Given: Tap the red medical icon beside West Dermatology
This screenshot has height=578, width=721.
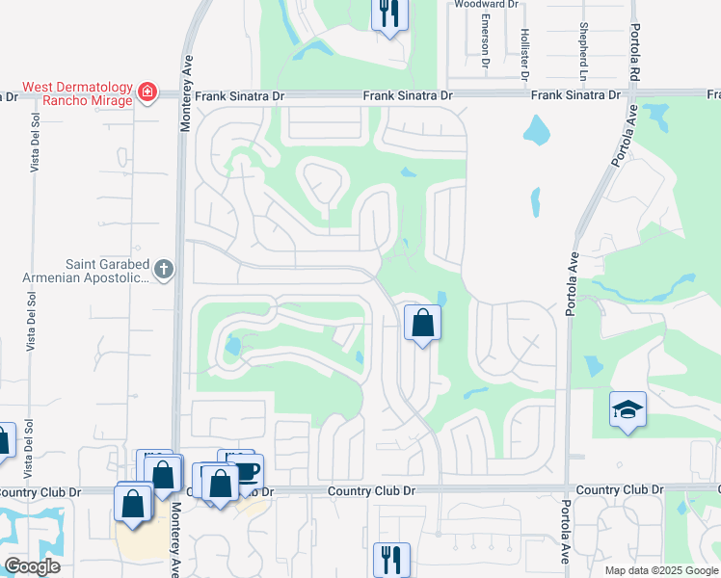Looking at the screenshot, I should click(147, 93).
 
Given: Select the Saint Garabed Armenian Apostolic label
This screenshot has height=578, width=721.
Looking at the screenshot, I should click(86, 270).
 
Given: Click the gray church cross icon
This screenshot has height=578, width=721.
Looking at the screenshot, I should click(164, 269).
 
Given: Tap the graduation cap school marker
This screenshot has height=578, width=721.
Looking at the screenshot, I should click(628, 409).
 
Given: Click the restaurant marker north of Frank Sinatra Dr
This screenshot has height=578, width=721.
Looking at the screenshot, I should click(389, 13).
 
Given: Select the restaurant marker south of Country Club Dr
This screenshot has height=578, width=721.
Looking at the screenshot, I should click(391, 559).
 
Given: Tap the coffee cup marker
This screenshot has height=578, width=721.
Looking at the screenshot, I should click(247, 471).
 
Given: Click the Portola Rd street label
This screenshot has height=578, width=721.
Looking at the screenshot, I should click(635, 54).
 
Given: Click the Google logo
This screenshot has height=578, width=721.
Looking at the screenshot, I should click(33, 565).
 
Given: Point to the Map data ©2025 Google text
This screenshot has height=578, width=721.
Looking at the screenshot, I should click(660, 570).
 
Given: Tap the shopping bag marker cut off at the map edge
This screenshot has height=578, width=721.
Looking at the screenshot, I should click(4, 440).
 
